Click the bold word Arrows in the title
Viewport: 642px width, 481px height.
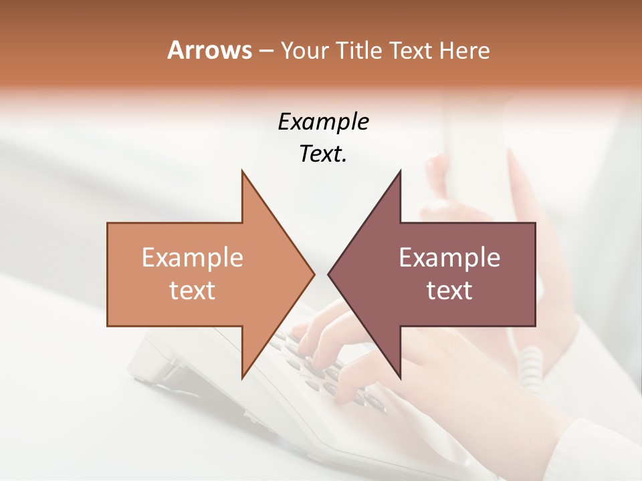[209, 50]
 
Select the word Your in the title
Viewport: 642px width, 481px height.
[300, 51]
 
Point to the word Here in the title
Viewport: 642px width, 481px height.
[465, 51]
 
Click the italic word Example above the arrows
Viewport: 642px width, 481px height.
[323, 122]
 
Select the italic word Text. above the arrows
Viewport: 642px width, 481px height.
[323, 154]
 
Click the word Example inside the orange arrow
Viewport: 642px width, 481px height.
[192, 258]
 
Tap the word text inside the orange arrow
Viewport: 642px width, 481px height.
[192, 291]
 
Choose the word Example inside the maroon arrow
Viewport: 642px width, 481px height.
[449, 258]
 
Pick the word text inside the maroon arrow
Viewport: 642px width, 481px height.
[449, 291]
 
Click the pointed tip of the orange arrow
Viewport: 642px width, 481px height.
[313, 274]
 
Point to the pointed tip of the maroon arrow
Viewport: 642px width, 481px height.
[329, 274]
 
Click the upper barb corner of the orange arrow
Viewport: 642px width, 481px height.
[242, 172]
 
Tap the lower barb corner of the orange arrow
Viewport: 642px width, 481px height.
[242, 377]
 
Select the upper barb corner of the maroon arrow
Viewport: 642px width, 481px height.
[400, 172]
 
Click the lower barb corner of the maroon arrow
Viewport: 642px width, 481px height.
[400, 377]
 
